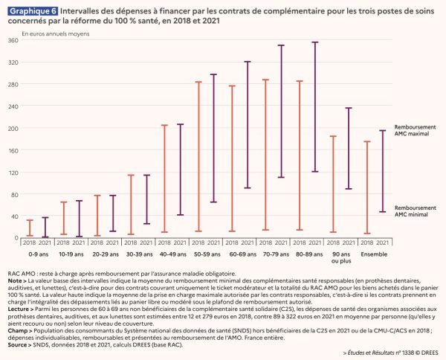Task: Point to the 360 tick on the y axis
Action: click(13, 39)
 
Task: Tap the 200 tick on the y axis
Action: click(13, 128)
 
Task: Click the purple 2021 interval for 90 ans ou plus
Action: click(348, 148)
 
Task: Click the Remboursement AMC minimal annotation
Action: click(413, 212)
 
